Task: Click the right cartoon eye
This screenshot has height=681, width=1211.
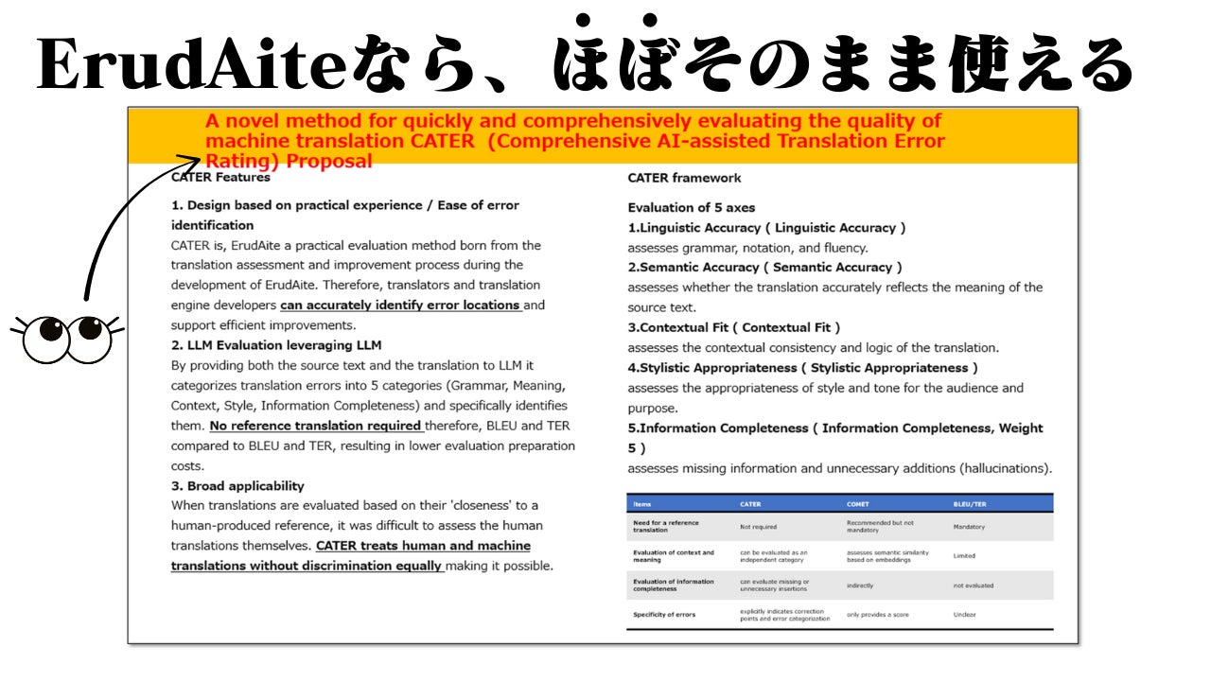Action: [91, 337]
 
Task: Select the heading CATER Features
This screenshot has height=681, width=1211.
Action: [220, 177]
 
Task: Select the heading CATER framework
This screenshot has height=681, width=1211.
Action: [684, 178]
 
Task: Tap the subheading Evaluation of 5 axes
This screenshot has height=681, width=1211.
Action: [692, 208]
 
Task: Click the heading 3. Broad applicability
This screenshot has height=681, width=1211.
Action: [237, 486]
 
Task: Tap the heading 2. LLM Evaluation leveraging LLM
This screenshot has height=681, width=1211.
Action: [276, 345]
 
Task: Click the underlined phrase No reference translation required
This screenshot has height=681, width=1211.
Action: [315, 426]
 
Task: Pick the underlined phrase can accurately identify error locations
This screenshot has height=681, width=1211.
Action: [401, 306]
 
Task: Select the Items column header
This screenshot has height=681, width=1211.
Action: [642, 504]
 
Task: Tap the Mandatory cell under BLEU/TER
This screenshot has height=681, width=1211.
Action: [969, 527]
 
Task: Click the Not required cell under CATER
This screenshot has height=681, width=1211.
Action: [760, 527]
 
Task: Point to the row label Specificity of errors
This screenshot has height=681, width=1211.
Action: [664, 615]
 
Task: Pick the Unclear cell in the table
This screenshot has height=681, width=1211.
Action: [965, 615]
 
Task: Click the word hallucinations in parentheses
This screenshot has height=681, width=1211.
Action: [1003, 468]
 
